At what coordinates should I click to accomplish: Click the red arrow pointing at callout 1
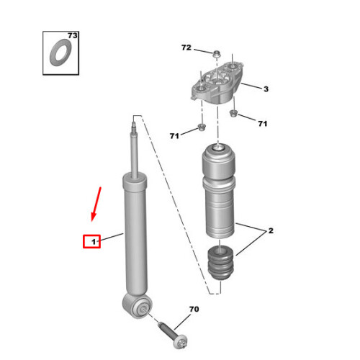pyautogui.click(x=96, y=204)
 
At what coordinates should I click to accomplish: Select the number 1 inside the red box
pyautogui.click(x=94, y=242)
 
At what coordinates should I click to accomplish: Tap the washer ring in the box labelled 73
pyautogui.click(x=60, y=53)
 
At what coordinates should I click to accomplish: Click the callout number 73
pyautogui.click(x=73, y=35)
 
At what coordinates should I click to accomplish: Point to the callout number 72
pyautogui.click(x=186, y=48)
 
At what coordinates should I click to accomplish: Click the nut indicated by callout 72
pyautogui.click(x=217, y=54)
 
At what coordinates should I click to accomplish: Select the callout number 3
pyautogui.click(x=266, y=89)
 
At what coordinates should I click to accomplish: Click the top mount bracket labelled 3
pyautogui.click(x=217, y=84)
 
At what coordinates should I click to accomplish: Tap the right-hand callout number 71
pyautogui.click(x=263, y=124)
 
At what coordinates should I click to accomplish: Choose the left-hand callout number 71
pyautogui.click(x=174, y=136)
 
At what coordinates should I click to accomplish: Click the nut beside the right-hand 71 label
pyautogui.click(x=233, y=113)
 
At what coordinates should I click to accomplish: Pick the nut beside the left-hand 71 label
pyautogui.click(x=201, y=127)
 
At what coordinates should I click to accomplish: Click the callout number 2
pyautogui.click(x=271, y=230)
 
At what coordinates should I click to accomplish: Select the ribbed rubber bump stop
pyautogui.click(x=220, y=263)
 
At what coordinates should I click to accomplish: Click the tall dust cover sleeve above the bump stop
pyautogui.click(x=219, y=191)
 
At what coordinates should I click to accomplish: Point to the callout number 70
pyautogui.click(x=194, y=309)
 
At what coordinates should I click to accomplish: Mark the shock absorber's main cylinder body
pyautogui.click(x=135, y=235)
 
